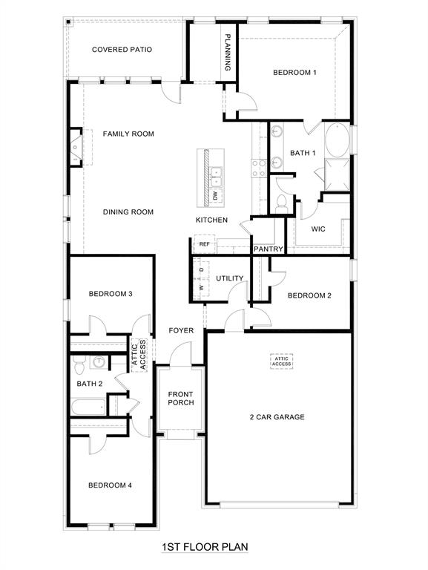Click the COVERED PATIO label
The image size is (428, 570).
click(x=122, y=50)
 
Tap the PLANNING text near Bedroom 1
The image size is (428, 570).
click(x=228, y=52)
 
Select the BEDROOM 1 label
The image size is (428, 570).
click(x=294, y=73)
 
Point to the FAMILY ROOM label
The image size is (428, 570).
click(x=128, y=134)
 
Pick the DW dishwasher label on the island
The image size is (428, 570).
click(x=216, y=195)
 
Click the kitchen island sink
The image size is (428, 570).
click(x=216, y=176)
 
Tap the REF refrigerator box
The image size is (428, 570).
click(x=205, y=243)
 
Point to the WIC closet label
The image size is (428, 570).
click(x=318, y=229)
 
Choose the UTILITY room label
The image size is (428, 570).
click(x=230, y=278)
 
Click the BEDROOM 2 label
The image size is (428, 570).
click(x=309, y=295)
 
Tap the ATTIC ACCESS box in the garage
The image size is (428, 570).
click(x=281, y=361)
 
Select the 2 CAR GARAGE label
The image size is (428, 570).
click(x=277, y=417)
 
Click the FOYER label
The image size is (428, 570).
click(x=181, y=330)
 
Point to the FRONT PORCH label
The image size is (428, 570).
click(x=180, y=398)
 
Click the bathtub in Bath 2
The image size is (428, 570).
click(x=89, y=407)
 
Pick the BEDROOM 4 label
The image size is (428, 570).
click(x=110, y=485)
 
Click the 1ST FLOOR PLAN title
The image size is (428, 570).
click(x=205, y=547)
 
